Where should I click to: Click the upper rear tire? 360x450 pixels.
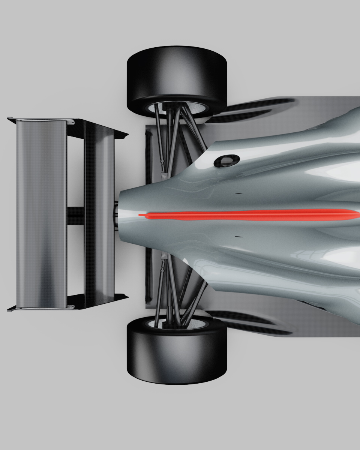click(x=176, y=75)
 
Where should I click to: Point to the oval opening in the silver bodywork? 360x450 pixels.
click(x=227, y=160)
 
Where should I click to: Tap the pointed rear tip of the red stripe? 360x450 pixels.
click(x=141, y=215)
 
